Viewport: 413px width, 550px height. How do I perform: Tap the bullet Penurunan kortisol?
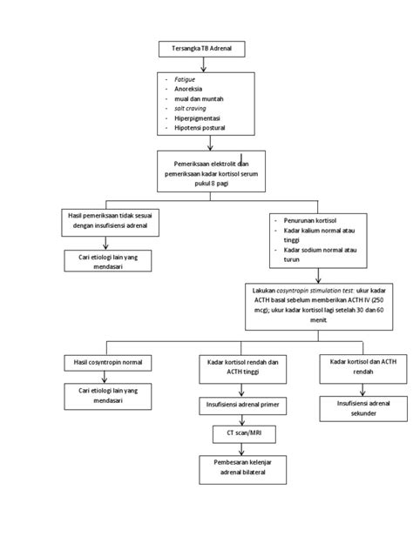click(x=308, y=222)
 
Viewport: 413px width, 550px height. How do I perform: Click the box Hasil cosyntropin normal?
click(x=105, y=361)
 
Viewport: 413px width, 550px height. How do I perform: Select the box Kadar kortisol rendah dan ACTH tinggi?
click(x=241, y=366)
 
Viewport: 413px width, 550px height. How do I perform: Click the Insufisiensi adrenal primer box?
click(x=241, y=405)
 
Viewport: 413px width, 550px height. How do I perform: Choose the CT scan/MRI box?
click(x=241, y=432)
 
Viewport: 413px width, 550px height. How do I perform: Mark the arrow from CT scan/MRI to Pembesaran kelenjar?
click(x=241, y=446)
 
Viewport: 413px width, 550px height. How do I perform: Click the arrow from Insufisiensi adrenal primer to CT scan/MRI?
click(x=241, y=419)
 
